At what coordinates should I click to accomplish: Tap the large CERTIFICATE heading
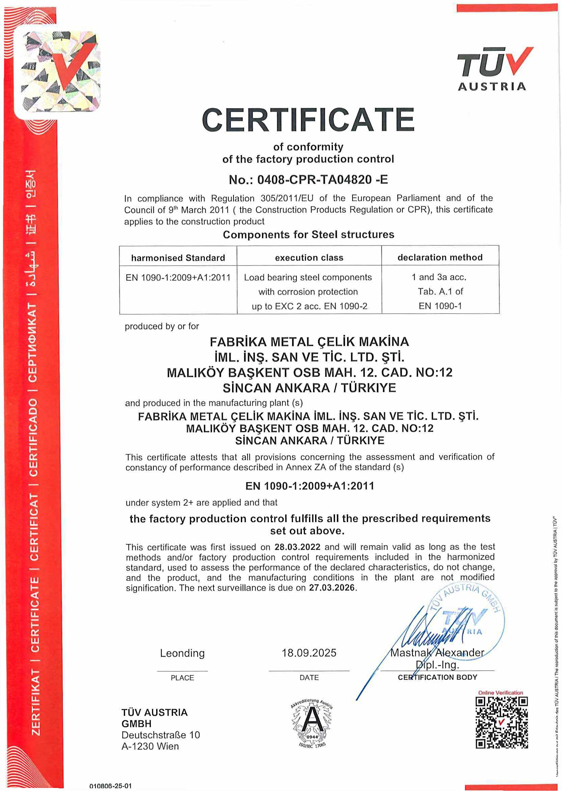point(308,120)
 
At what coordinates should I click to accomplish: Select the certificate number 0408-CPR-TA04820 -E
point(308,179)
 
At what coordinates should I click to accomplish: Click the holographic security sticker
point(61,71)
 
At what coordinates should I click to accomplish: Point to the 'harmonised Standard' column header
point(178,258)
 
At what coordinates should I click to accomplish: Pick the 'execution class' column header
point(309,257)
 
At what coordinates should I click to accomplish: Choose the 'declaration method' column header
point(440,257)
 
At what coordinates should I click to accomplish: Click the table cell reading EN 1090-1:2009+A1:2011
point(178,278)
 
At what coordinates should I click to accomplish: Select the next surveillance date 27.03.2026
point(332,588)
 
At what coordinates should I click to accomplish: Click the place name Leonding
point(182,653)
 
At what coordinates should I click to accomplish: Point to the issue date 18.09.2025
point(309,653)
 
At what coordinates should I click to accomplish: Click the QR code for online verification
point(501,723)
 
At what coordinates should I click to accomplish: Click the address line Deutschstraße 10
point(161,735)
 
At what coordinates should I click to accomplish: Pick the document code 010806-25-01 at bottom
point(110,786)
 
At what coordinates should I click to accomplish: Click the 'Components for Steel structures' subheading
point(308,234)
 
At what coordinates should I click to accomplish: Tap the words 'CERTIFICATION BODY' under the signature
point(438,677)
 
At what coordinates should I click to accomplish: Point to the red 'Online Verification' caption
point(500,693)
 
